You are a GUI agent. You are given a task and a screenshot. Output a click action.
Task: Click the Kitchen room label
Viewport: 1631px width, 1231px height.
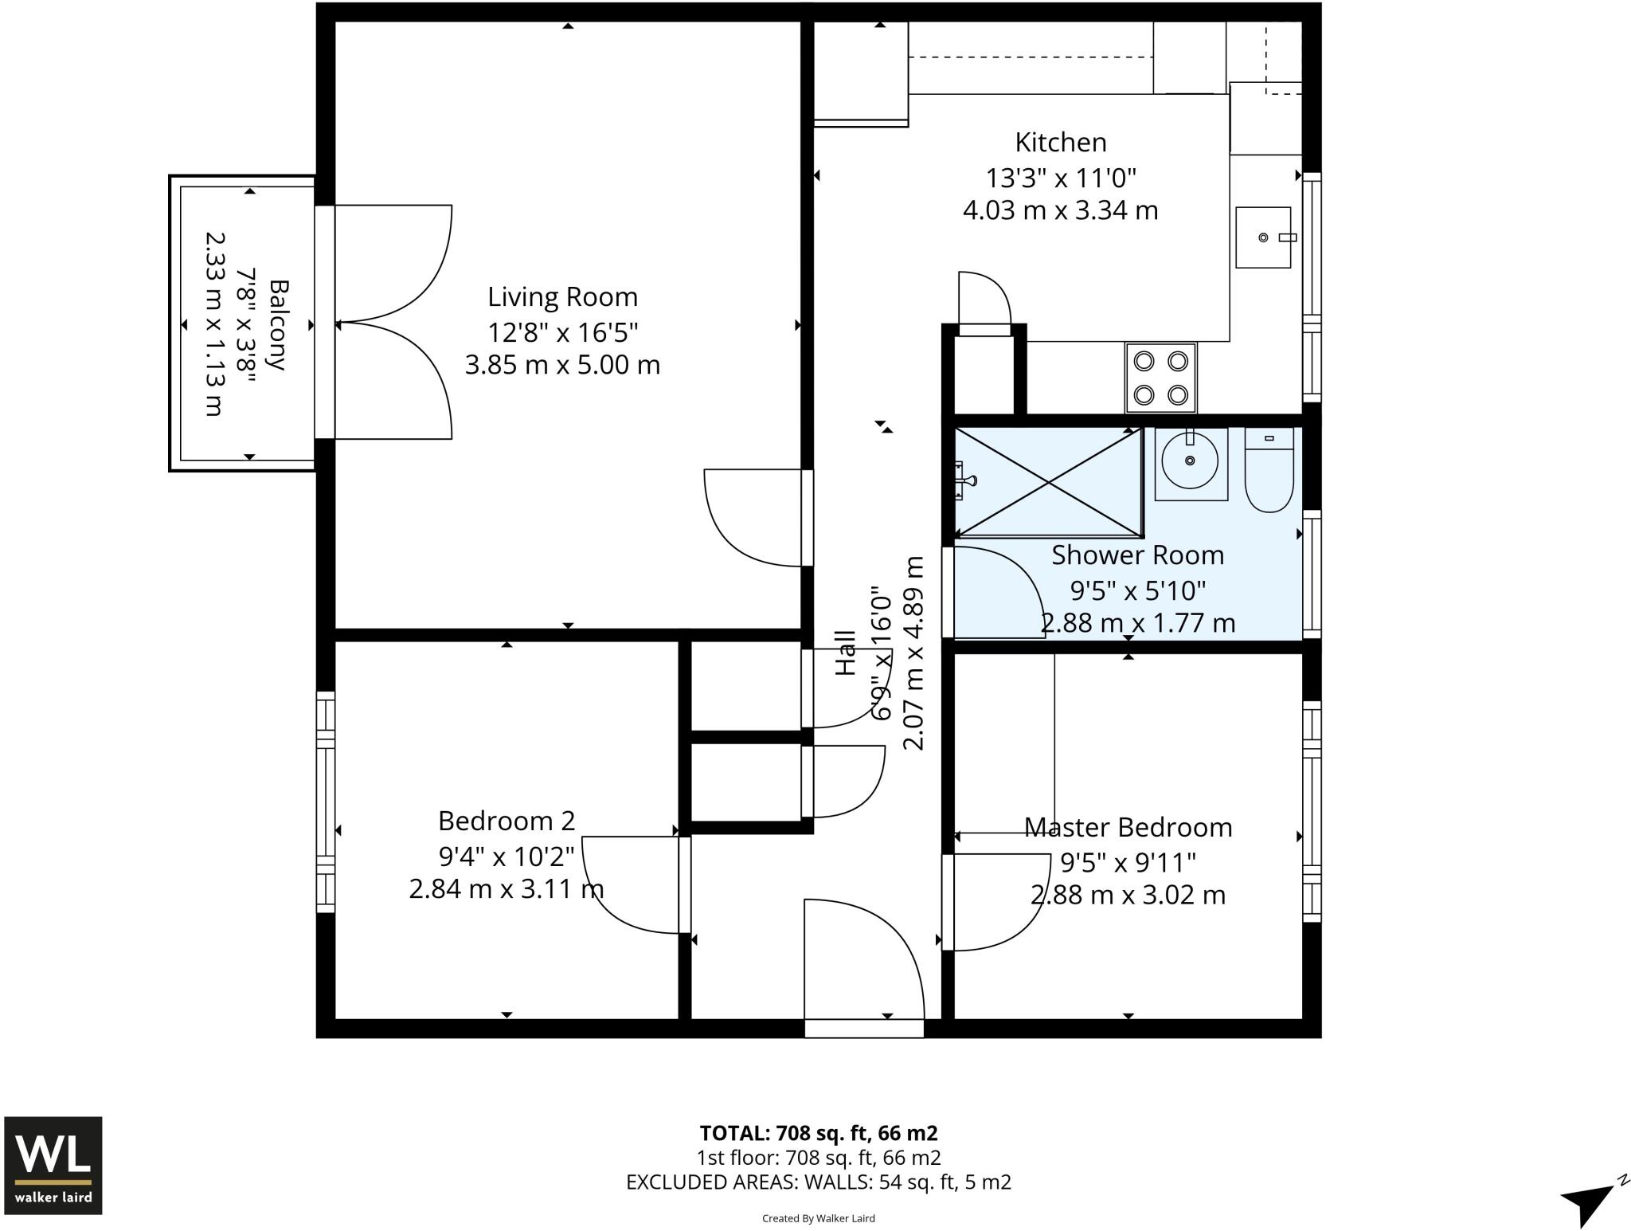tap(1061, 143)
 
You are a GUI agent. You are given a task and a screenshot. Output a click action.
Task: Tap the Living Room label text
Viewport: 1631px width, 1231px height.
tap(563, 297)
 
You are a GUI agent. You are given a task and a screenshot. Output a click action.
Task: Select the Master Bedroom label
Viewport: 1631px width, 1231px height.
tap(1128, 828)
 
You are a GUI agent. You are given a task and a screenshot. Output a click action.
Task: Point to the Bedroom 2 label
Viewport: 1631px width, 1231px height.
tap(507, 821)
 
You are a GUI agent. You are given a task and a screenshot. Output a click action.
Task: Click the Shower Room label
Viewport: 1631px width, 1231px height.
tap(1137, 555)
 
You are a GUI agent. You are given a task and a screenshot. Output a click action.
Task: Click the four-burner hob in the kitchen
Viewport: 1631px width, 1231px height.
tap(1160, 378)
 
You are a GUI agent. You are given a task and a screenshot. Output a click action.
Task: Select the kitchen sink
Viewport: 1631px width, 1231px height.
tap(1263, 237)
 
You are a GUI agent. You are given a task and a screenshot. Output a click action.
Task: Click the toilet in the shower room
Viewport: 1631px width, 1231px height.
tap(1269, 470)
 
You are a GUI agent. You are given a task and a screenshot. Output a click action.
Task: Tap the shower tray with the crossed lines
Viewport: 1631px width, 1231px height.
tap(1048, 482)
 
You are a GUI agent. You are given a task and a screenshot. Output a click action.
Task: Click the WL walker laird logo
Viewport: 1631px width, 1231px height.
tap(53, 1165)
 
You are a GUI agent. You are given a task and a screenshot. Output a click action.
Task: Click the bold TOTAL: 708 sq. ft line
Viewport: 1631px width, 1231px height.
tap(819, 1133)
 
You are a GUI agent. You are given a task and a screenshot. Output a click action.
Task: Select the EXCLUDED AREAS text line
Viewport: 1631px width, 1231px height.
tap(819, 1182)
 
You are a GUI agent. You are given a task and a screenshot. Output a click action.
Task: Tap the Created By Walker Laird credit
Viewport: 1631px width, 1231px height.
tap(819, 1218)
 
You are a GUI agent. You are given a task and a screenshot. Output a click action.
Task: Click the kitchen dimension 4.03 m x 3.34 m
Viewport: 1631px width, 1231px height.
tap(1061, 211)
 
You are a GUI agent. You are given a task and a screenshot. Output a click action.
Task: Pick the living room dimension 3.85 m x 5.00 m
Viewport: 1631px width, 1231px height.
tap(563, 366)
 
